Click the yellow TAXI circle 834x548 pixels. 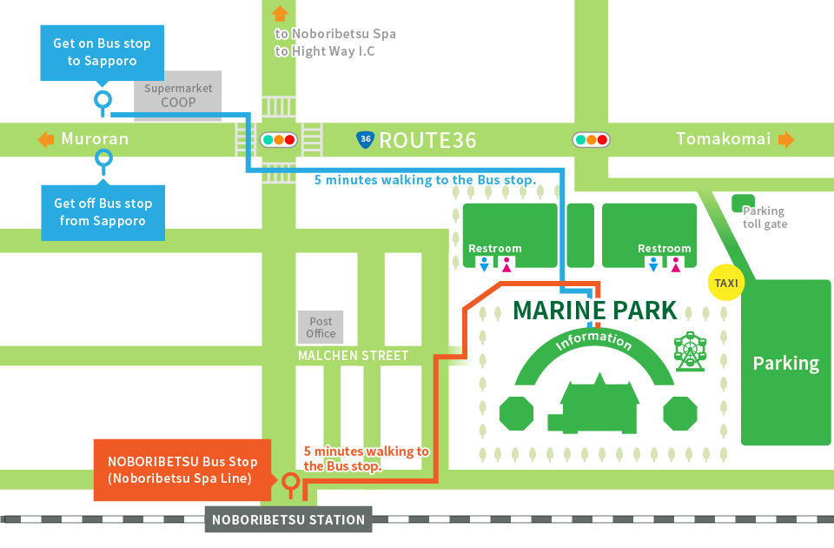tap(725, 283)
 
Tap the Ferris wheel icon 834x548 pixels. tap(690, 351)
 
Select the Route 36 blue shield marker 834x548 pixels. tap(366, 139)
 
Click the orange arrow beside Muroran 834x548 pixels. tap(45, 139)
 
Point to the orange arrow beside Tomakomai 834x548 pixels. tap(786, 139)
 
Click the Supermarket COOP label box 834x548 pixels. tap(178, 96)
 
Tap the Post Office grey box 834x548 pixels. tap(321, 327)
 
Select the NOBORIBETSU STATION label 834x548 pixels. tap(288, 520)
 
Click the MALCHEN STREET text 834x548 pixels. tap(353, 356)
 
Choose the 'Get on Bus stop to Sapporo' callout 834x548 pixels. tap(103, 52)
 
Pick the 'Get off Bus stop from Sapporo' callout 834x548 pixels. tap(103, 212)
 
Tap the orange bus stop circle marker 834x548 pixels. tap(291, 480)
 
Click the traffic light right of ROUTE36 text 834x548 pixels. tap(591, 139)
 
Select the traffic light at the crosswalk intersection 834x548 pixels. tap(279, 139)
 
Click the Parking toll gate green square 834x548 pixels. tap(743, 204)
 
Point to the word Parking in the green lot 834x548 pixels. tap(785, 363)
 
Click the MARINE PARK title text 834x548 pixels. tap(594, 311)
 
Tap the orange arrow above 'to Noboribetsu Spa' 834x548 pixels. tap(280, 13)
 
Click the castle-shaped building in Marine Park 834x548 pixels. tap(599, 405)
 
